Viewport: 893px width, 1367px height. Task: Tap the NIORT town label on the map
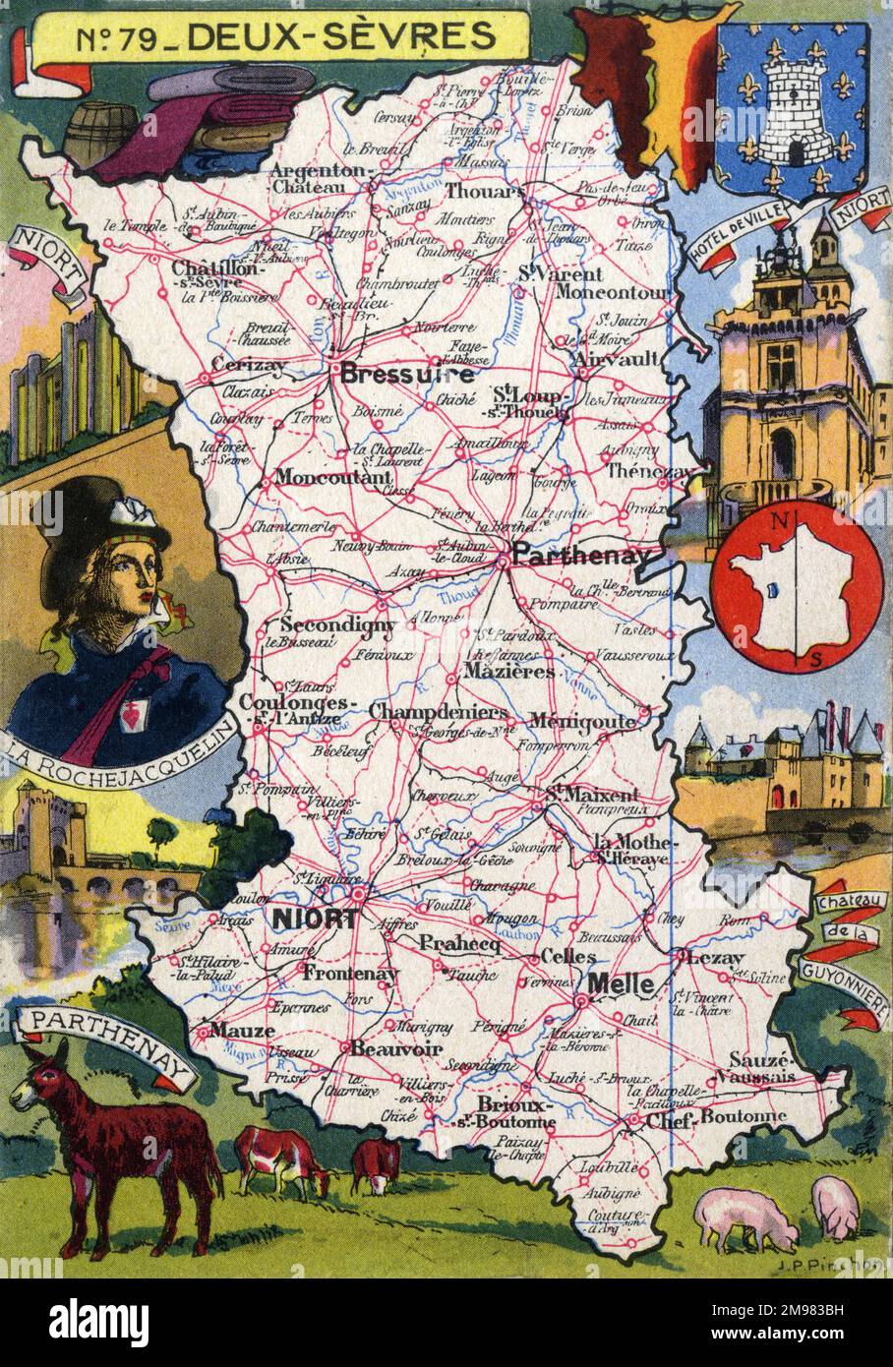tap(314, 919)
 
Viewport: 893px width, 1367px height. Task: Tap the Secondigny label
tap(337, 624)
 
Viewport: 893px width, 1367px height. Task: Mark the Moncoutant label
tap(321, 478)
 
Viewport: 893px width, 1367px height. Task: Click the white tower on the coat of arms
tap(791, 110)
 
